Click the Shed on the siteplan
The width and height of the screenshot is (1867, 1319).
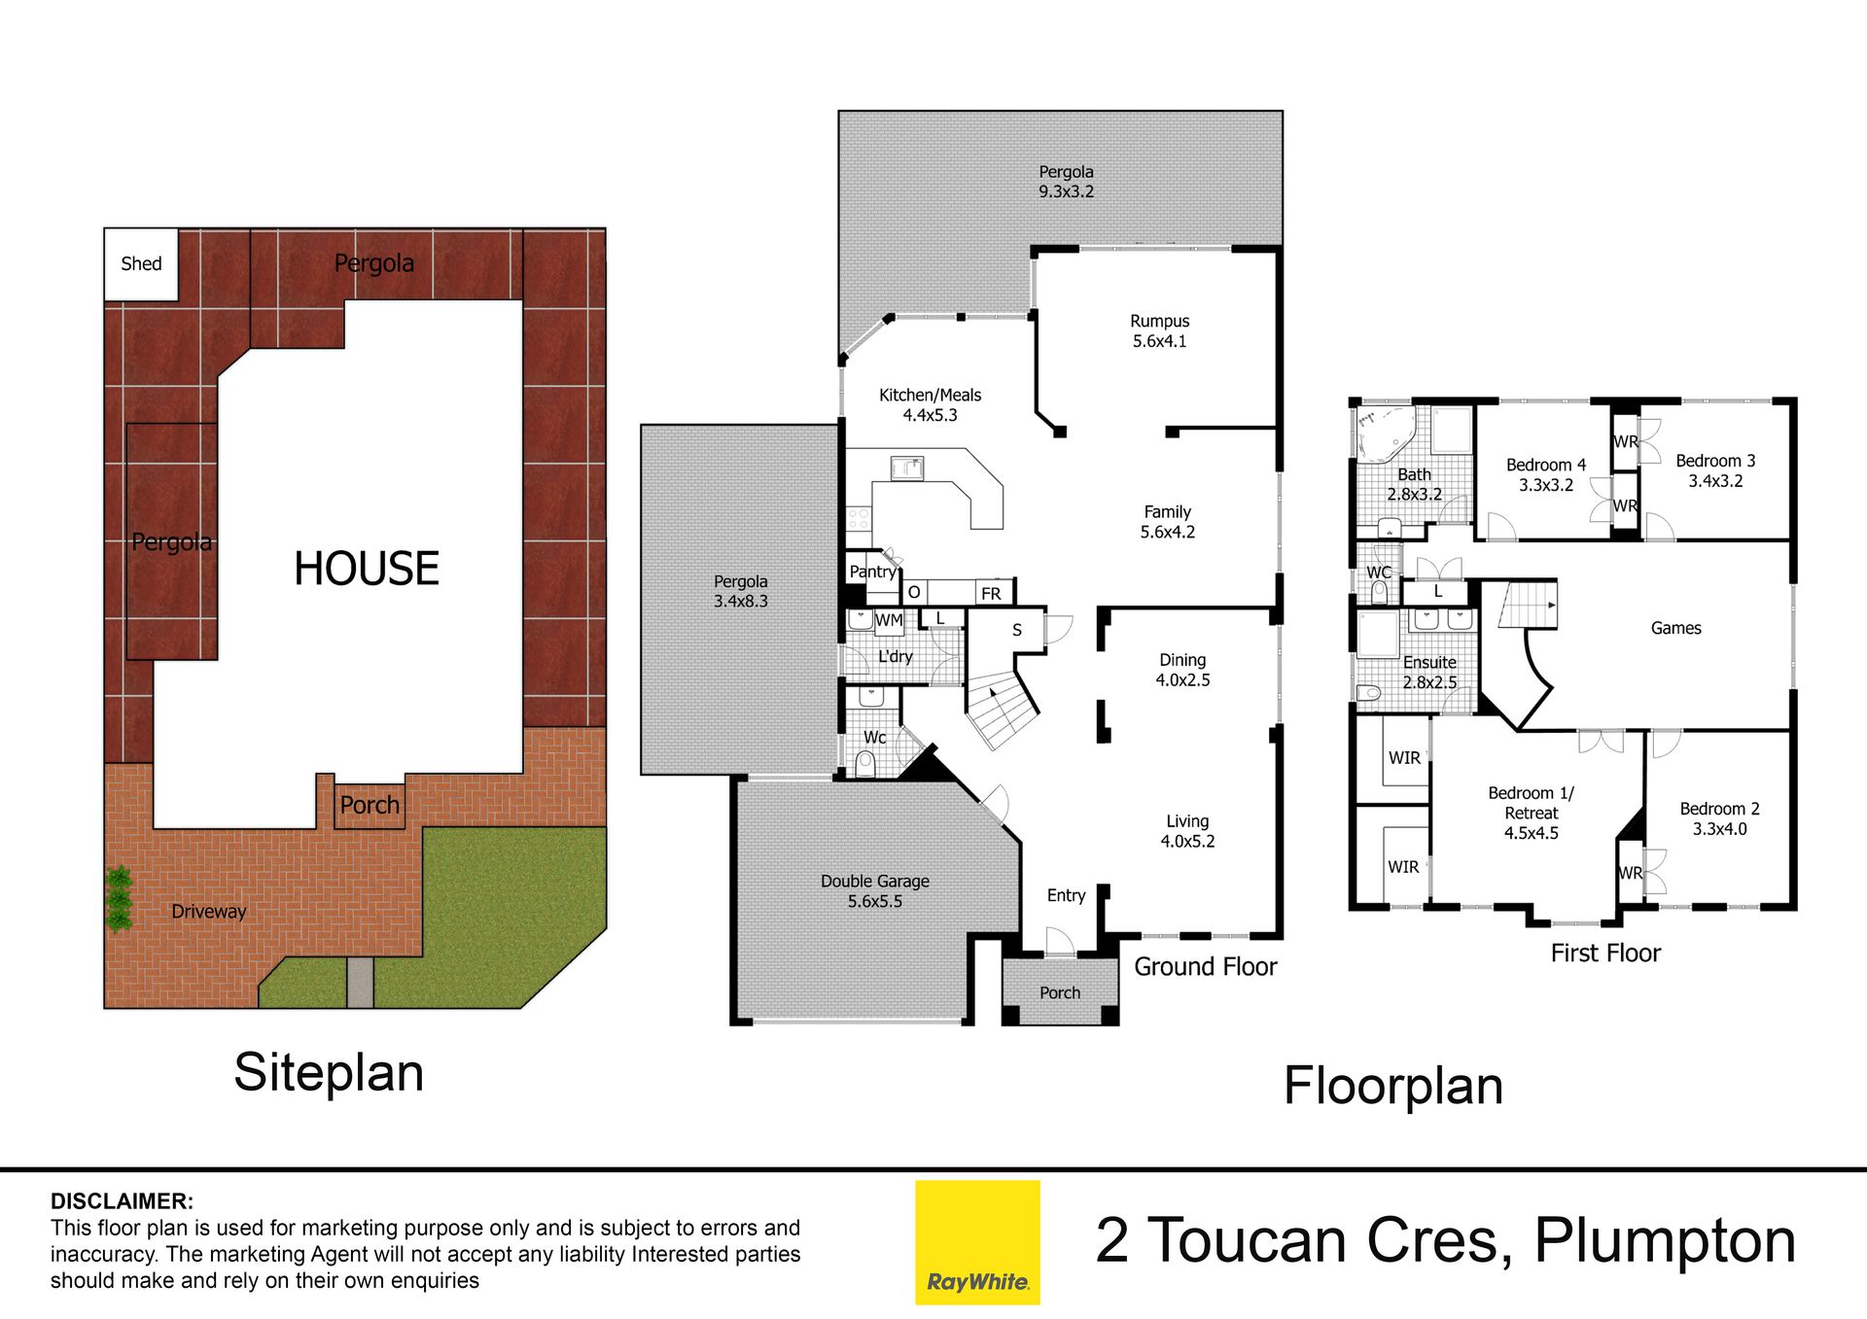(141, 264)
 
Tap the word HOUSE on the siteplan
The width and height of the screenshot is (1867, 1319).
(367, 569)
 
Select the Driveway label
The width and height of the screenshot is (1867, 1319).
(208, 912)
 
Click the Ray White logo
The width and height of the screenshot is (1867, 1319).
(977, 1242)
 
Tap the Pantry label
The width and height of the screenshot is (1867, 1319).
(872, 572)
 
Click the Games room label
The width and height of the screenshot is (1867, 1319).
(1675, 628)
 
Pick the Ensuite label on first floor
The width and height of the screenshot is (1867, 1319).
(1429, 662)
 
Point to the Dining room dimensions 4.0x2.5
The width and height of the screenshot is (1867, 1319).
(1182, 680)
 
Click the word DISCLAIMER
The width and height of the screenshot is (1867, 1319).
(122, 1201)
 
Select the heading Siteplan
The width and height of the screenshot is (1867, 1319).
(329, 1073)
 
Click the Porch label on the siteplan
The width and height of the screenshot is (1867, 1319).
(370, 806)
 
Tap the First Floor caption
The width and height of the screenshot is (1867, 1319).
(1605, 954)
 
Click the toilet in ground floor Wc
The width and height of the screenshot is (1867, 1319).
(865, 765)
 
